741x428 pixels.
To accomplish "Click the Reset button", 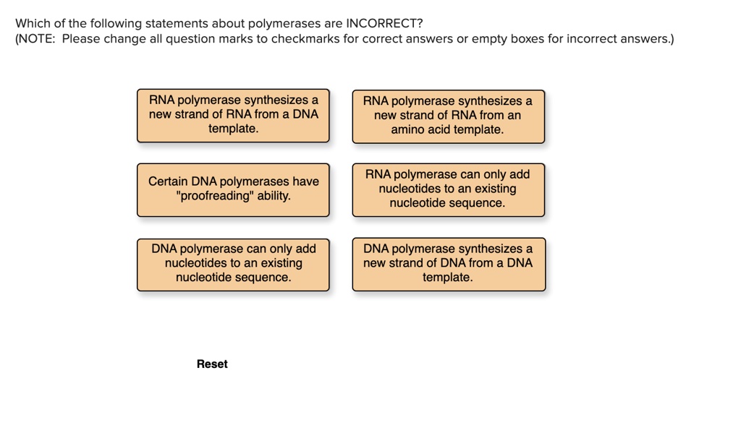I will (212, 364).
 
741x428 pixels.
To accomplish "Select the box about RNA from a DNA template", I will (233, 116).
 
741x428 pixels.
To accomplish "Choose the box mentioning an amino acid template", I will (448, 116).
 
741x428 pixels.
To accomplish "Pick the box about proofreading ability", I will (233, 189).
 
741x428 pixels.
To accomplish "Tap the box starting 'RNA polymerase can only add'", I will (448, 189).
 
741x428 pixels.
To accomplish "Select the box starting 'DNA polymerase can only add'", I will (233, 264).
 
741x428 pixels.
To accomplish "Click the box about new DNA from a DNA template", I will (448, 264).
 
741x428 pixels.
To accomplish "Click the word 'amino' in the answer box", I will (407, 130).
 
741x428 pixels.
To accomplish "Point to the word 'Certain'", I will (168, 182).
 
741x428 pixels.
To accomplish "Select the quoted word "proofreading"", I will (214, 197).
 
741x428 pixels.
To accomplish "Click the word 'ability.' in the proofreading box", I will (274, 197).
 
